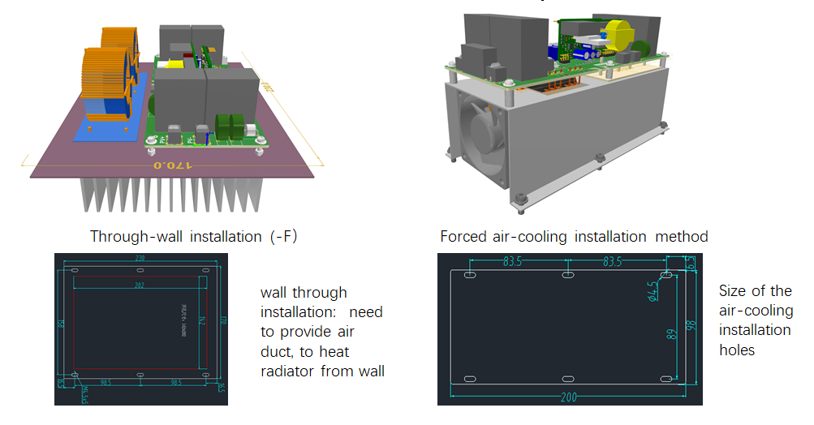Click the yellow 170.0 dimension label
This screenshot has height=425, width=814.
point(170,165)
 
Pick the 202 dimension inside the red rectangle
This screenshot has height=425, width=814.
point(139,285)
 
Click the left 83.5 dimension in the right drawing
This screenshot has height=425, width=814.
point(511,262)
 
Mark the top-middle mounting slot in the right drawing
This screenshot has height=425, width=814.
point(567,277)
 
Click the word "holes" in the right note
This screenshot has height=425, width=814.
point(737,350)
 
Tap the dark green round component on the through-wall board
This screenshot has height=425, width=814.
point(225,126)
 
